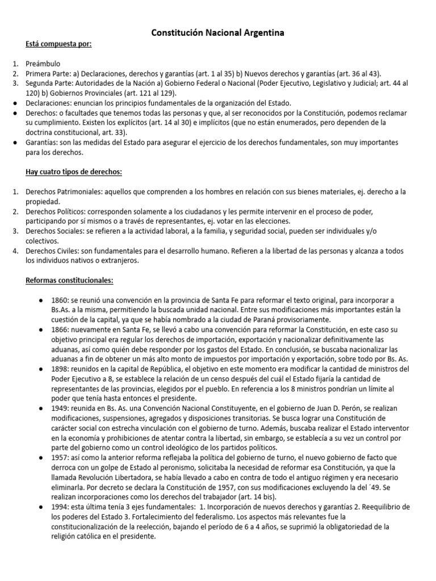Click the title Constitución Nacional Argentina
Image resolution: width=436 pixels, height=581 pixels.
(217, 34)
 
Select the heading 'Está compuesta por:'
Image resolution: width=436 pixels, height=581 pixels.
(58, 45)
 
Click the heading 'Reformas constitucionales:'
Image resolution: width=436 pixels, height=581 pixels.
(69, 280)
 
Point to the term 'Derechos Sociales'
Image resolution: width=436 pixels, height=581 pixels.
(54, 231)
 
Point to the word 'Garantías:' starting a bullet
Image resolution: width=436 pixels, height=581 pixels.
(42, 142)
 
